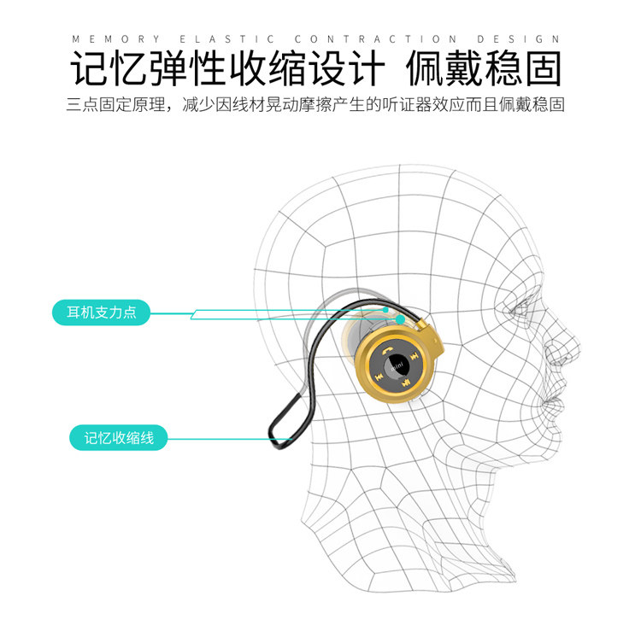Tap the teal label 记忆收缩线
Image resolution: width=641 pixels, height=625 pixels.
(119, 439)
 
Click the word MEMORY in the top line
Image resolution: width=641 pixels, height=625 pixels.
(116, 39)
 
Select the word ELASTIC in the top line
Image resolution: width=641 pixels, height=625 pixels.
(226, 39)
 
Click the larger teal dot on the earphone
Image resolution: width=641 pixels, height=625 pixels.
(400, 320)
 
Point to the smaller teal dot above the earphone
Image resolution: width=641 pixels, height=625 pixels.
(387, 309)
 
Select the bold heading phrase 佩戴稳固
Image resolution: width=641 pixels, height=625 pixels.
(484, 69)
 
